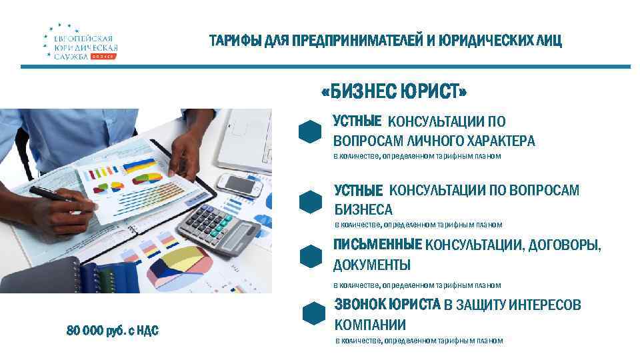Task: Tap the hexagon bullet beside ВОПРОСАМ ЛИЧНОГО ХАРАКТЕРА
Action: tap(311, 132)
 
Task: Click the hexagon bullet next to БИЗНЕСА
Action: tap(311, 202)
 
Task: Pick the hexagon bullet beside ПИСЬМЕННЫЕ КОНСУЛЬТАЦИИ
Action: tap(311, 256)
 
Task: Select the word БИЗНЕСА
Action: tap(363, 210)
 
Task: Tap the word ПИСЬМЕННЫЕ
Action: tap(377, 245)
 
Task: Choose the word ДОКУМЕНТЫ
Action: tap(371, 265)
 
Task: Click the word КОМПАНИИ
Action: tap(369, 325)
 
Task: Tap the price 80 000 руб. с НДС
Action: tap(112, 330)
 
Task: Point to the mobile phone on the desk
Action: tap(241, 183)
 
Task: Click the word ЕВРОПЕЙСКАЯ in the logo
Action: tap(83, 39)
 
